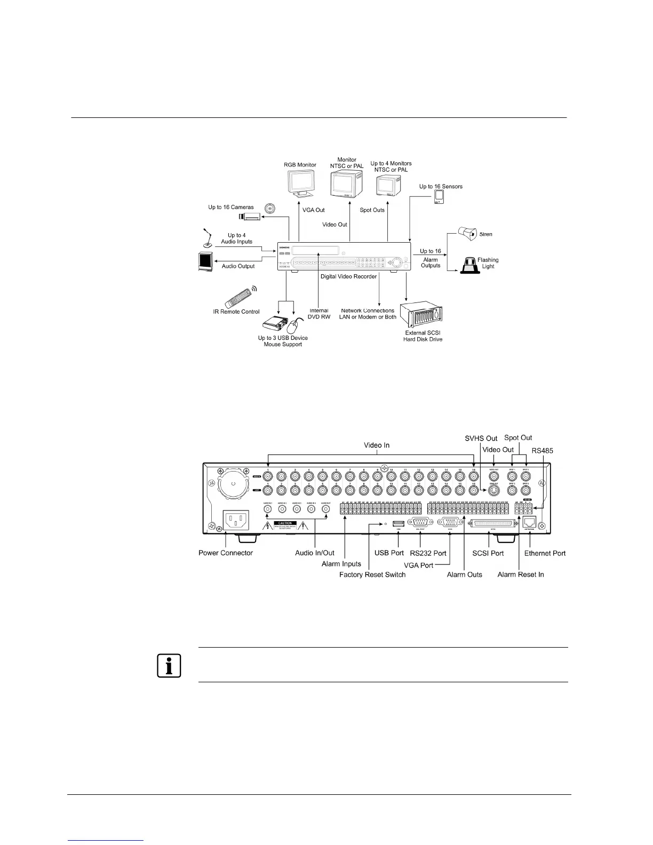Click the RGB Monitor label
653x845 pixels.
300,165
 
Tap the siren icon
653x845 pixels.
467,234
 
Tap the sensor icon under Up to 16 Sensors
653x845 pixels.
439,197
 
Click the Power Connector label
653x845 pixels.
226,553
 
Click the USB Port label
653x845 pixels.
389,553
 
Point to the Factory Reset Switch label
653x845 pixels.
372,575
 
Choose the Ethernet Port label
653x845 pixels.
545,553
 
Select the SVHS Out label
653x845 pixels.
481,439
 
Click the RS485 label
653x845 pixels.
543,451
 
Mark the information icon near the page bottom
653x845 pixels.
169,665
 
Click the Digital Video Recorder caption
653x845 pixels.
348,276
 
